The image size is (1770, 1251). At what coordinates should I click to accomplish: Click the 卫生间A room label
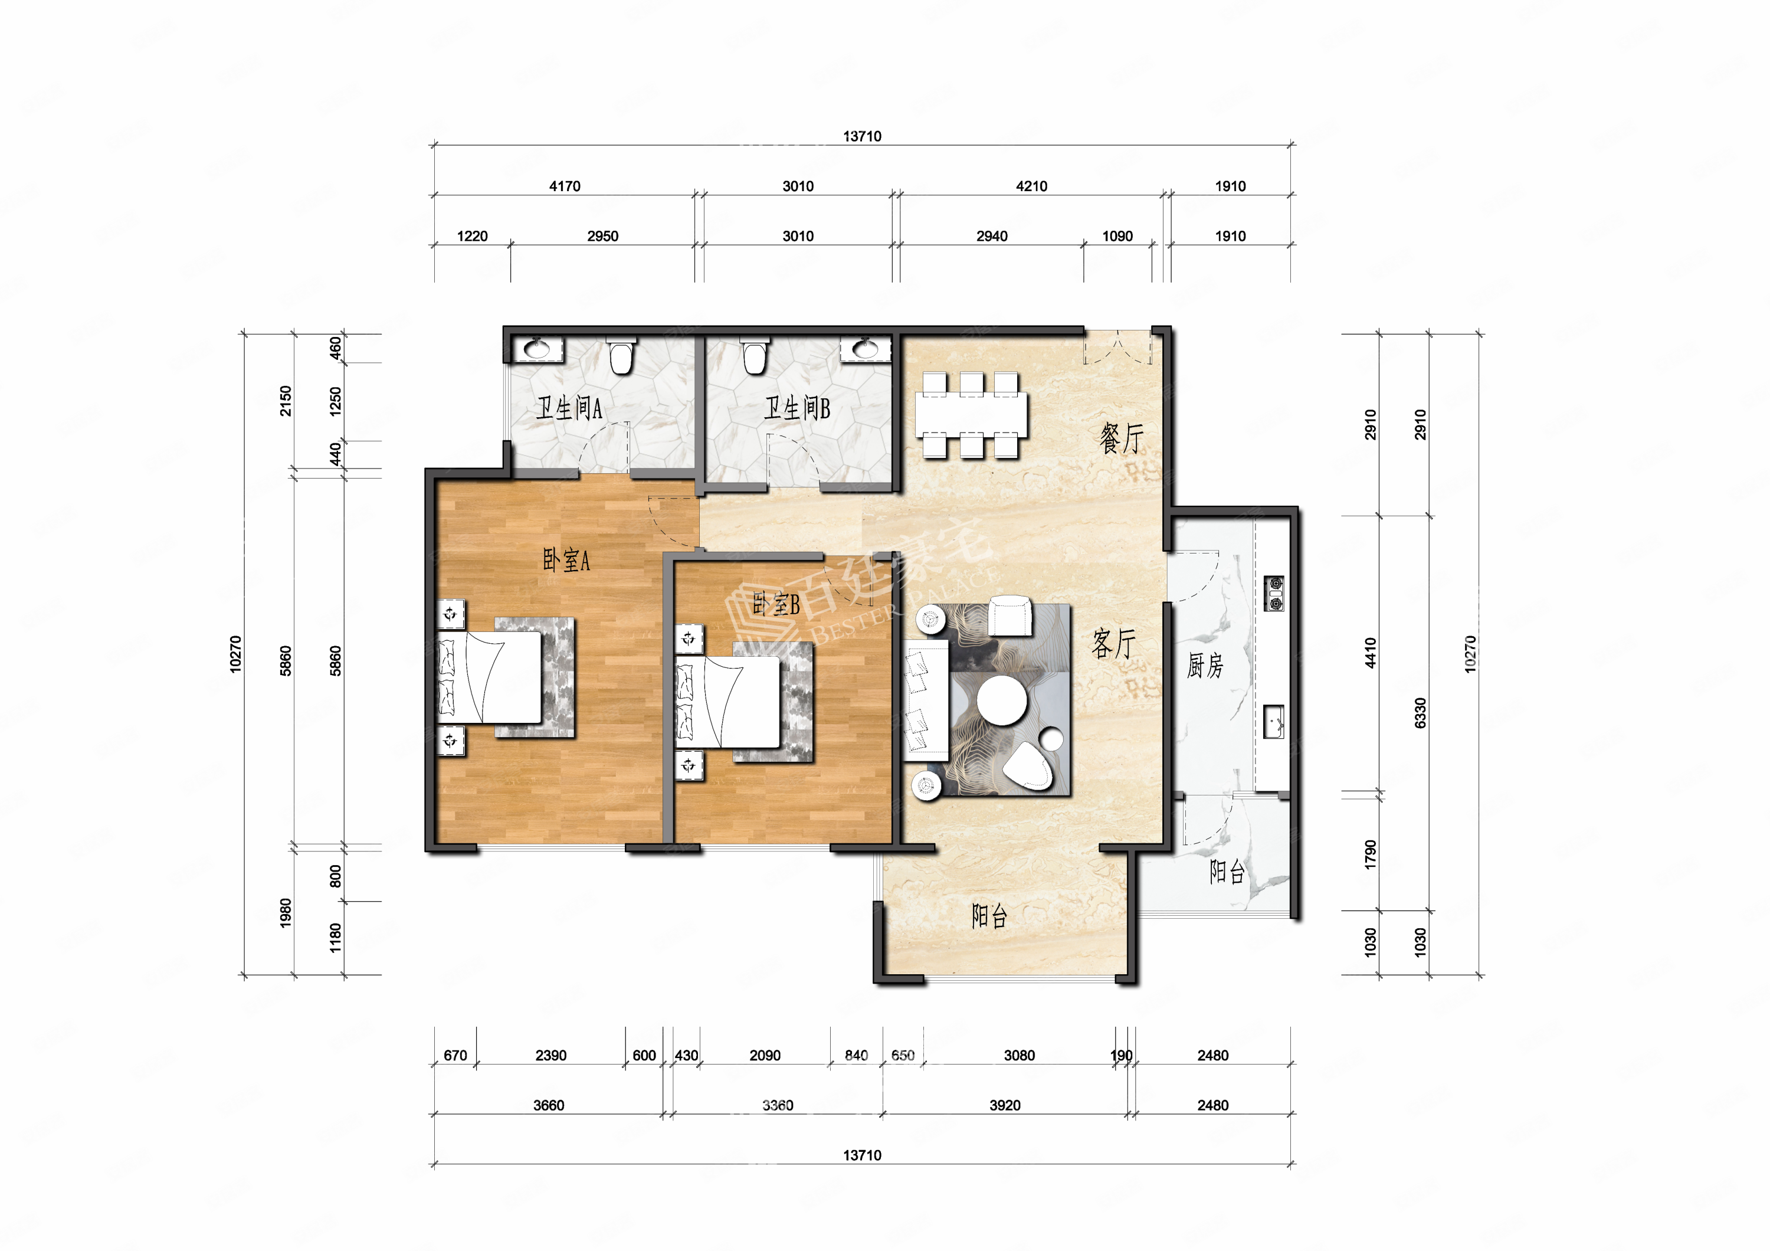click(569, 408)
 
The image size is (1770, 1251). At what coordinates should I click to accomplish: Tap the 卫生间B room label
click(797, 408)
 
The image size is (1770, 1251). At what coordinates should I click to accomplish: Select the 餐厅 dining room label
click(1122, 438)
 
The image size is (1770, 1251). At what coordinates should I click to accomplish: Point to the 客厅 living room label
click(1115, 644)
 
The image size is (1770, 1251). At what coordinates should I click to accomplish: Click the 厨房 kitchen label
click(1205, 665)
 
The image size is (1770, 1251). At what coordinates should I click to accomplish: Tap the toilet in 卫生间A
click(621, 355)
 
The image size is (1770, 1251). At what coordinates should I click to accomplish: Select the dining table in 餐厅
click(971, 415)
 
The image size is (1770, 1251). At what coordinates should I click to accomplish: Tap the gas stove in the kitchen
click(1274, 594)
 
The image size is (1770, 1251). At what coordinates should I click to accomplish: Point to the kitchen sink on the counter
click(1274, 722)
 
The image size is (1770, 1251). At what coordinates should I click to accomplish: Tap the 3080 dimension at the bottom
click(1019, 1055)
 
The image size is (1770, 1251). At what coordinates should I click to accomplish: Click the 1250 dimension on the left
click(335, 402)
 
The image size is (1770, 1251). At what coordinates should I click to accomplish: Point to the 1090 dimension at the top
click(1117, 236)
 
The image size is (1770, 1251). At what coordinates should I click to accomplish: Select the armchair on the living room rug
click(1010, 615)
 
